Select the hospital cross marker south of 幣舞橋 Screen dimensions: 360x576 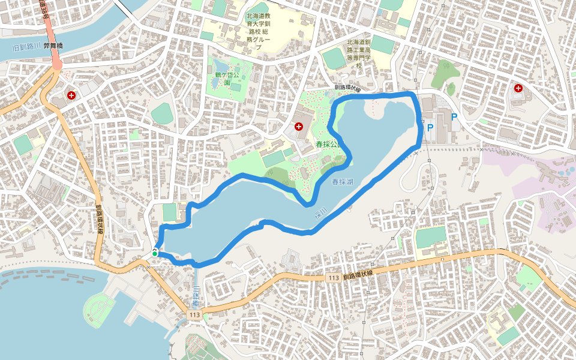[71, 95]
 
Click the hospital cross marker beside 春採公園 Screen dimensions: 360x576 [299, 126]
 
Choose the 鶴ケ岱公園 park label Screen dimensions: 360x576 [227, 79]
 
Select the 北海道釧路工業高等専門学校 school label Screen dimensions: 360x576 [359, 53]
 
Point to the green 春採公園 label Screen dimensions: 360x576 [328, 145]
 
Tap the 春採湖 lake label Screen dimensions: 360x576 [341, 181]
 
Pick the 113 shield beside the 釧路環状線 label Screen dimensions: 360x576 [334, 278]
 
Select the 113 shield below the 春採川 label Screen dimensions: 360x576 [194, 315]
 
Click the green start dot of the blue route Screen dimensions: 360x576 [155, 254]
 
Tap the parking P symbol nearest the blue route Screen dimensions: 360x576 [430, 127]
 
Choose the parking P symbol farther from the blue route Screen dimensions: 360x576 [454, 118]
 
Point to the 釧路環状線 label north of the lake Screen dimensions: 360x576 [349, 89]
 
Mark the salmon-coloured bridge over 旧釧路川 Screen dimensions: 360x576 [55, 60]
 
